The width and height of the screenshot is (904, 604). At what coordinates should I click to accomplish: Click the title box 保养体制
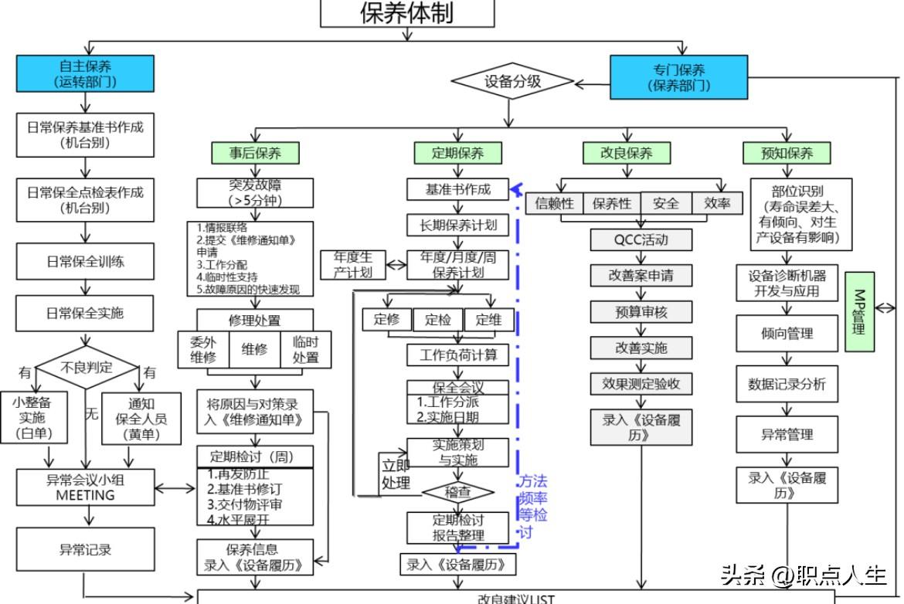(x=407, y=13)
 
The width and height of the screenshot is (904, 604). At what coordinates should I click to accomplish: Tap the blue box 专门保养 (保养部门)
(x=678, y=77)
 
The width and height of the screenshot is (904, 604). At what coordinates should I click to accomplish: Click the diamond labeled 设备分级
(x=512, y=81)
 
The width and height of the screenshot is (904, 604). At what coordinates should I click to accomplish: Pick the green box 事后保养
(x=255, y=153)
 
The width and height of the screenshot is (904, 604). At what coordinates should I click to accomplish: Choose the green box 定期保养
(x=457, y=153)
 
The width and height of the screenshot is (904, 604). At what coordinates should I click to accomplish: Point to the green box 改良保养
(x=626, y=153)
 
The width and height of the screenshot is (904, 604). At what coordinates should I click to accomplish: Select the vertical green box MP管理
(x=859, y=312)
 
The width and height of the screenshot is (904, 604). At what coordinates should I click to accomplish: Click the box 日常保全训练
(x=86, y=262)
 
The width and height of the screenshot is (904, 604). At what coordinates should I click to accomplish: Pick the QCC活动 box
(x=641, y=239)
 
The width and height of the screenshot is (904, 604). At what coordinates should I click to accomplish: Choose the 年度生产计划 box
(x=352, y=265)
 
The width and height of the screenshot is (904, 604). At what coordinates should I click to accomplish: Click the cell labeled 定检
(x=438, y=320)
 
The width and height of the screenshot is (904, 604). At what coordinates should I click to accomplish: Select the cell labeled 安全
(x=665, y=203)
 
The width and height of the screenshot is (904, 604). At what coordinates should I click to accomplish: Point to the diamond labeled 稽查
(x=457, y=492)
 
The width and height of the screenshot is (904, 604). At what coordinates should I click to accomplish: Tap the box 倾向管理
(x=787, y=334)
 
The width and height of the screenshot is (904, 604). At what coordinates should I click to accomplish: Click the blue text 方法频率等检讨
(x=532, y=506)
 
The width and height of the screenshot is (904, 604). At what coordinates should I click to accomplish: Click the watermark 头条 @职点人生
(x=804, y=575)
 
